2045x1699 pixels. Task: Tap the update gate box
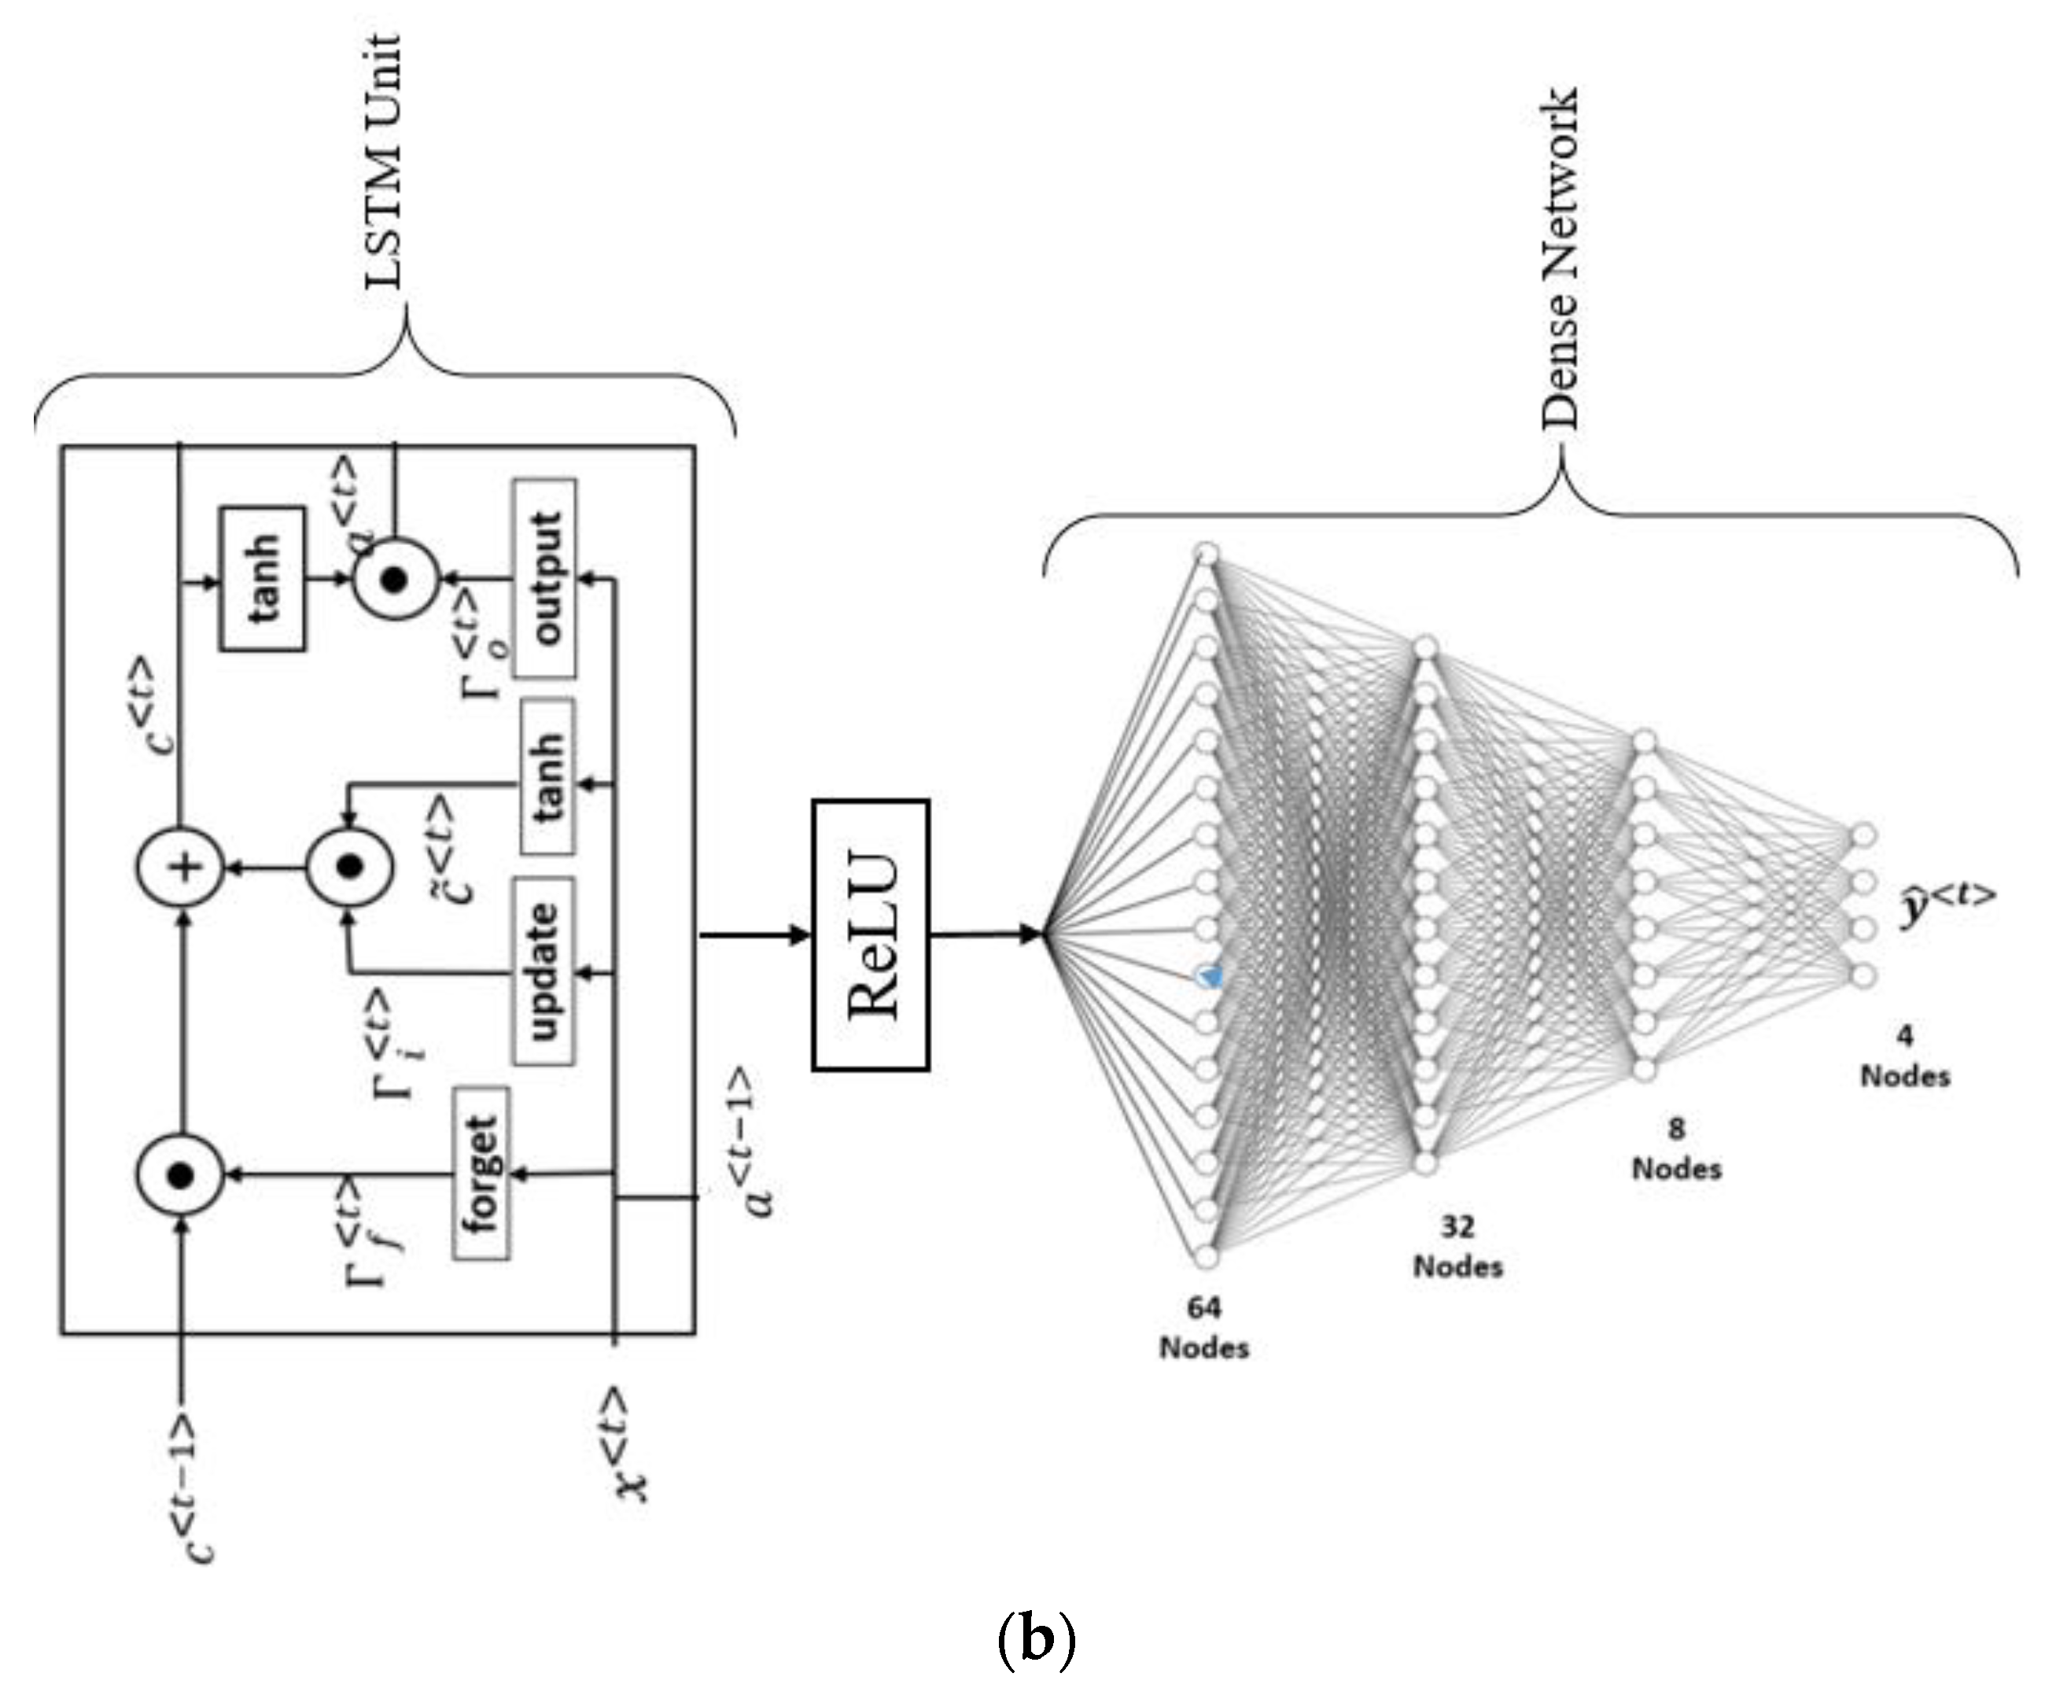543,971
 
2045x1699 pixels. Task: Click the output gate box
544,578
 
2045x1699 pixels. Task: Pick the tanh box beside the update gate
547,777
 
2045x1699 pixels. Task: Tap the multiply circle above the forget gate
179,1175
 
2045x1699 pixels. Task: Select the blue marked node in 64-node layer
1208,975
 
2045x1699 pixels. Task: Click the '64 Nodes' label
1203,1328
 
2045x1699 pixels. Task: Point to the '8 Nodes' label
1676,1149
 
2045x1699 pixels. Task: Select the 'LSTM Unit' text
384,160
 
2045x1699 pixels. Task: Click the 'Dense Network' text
1559,258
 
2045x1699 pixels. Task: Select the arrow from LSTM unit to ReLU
755,936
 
